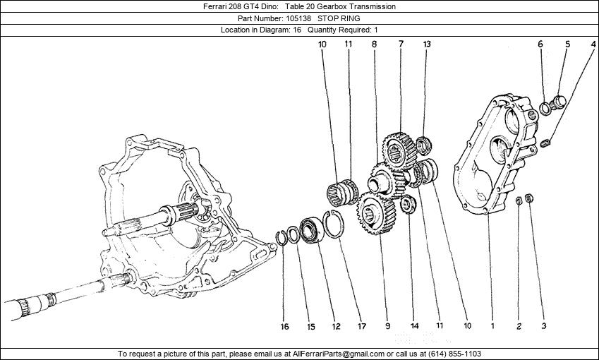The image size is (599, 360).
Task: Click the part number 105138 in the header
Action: click(298, 18)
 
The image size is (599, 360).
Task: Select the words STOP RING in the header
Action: click(339, 18)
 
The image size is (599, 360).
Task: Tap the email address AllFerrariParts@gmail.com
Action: click(338, 354)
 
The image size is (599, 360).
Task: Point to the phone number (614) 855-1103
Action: click(455, 354)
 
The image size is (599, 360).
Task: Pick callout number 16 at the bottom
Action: click(284, 326)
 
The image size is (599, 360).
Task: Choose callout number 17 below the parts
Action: click(361, 326)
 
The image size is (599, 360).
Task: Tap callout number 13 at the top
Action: click(427, 44)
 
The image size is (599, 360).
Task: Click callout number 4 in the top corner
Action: click(593, 44)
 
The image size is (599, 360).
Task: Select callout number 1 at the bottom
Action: click(492, 326)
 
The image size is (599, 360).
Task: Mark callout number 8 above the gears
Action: click(374, 44)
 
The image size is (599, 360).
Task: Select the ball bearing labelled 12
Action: click(311, 229)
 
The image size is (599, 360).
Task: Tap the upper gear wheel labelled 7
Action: click(399, 151)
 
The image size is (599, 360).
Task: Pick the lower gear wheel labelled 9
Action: click(376, 213)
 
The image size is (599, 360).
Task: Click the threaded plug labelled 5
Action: click(559, 102)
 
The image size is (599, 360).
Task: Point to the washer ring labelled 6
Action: click(545, 108)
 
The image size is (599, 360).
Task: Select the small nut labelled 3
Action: click(529, 198)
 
